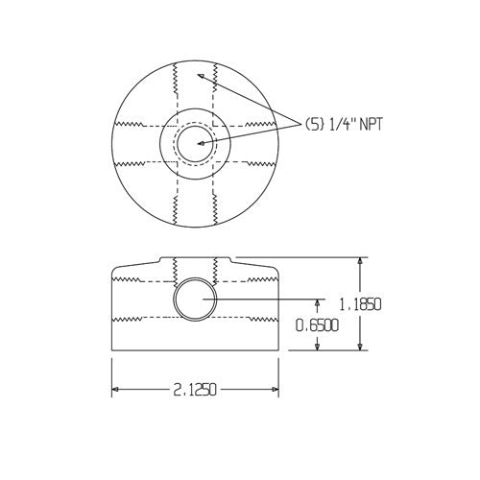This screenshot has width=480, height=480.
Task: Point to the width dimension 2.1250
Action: tap(195, 390)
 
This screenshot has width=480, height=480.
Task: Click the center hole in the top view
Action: tap(195, 142)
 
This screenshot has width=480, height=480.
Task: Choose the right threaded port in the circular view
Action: tap(252, 142)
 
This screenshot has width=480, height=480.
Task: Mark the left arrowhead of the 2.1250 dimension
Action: tap(117, 390)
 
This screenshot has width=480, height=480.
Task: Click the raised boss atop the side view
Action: tap(195, 262)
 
